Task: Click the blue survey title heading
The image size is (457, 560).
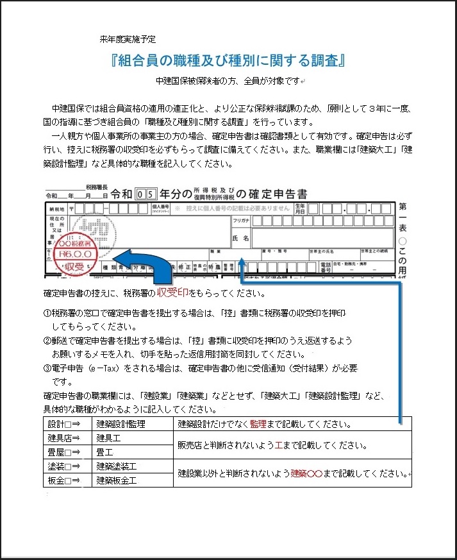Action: pyautogui.click(x=228, y=60)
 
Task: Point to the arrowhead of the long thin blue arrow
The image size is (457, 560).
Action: pyautogui.click(x=241, y=262)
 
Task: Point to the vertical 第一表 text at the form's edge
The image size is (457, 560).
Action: pyautogui.click(x=403, y=221)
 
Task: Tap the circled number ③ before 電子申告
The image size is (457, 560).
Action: pyautogui.click(x=47, y=368)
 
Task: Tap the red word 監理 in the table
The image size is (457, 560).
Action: pyautogui.click(x=258, y=424)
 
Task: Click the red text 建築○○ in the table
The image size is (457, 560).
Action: pyautogui.click(x=306, y=473)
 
